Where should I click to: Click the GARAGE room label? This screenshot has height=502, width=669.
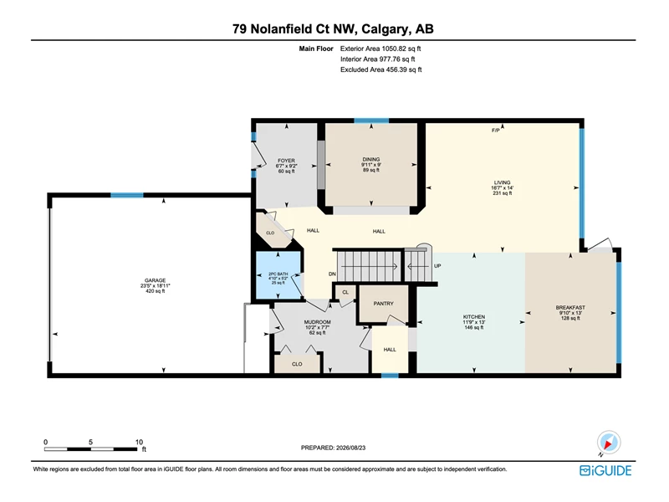tap(155, 280)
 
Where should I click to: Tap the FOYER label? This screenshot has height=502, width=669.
tap(286, 161)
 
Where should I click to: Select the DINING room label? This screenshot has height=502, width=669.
tap(371, 159)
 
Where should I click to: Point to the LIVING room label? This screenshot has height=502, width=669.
tap(503, 182)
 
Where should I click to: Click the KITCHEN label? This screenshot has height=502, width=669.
tap(474, 317)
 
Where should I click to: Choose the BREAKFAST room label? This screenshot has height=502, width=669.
tap(570, 307)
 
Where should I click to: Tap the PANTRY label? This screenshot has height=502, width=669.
tap(384, 304)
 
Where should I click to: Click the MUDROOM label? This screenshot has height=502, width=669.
tap(318, 322)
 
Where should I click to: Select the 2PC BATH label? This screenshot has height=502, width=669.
tap(278, 274)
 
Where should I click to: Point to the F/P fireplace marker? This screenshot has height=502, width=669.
tap(495, 131)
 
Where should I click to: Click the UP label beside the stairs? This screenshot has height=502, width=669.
tap(437, 266)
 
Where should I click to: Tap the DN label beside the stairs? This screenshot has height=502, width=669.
tap(332, 274)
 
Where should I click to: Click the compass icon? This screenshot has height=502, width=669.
tap(609, 443)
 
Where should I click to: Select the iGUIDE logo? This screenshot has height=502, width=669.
tap(605, 470)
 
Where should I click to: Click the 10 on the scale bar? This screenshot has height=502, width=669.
tap(139, 442)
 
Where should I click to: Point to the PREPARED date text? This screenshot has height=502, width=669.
tap(333, 448)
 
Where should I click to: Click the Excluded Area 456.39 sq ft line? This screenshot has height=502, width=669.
tap(381, 69)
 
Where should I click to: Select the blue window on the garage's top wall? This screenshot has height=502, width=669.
tap(127, 195)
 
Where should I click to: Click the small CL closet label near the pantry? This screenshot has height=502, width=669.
tap(345, 292)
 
